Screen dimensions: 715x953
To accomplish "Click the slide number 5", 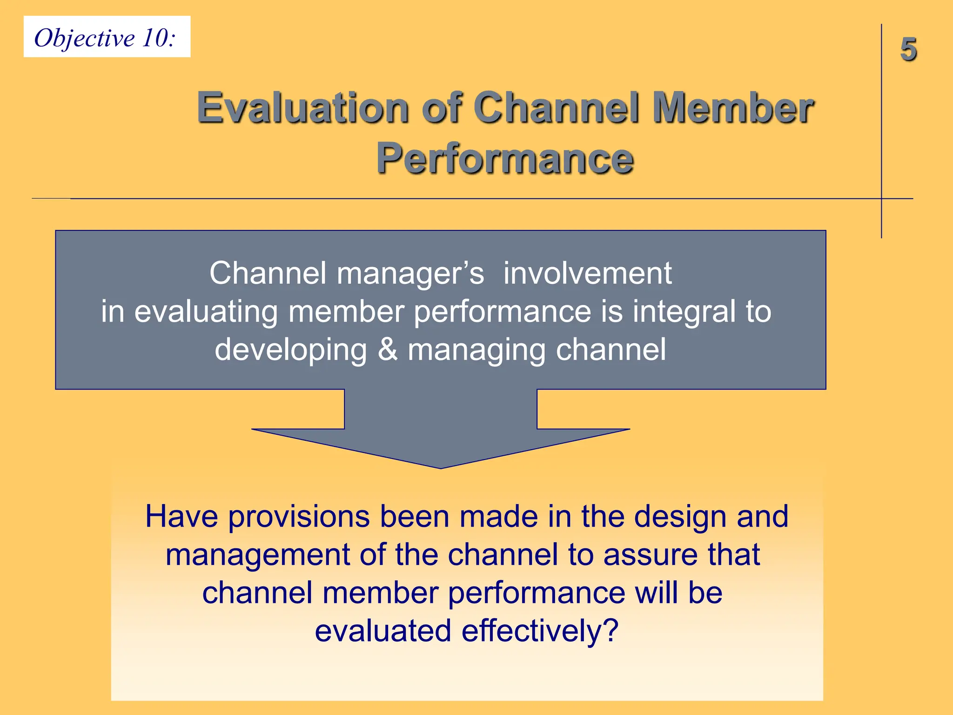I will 908,49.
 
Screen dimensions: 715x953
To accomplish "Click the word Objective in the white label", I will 84,38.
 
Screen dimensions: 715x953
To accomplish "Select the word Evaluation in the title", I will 302,108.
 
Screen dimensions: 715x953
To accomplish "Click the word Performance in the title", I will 505,158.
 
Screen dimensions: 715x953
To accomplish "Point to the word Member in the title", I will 732,108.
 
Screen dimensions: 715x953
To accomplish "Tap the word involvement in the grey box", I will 587,273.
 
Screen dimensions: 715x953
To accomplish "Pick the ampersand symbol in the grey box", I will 387,350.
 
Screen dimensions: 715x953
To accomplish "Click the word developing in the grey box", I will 291,351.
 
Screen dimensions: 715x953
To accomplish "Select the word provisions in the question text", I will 299,517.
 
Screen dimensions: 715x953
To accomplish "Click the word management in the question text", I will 258,555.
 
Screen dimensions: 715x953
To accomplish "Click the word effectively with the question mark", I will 539,631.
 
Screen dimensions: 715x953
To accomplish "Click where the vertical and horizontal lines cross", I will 881,199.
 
